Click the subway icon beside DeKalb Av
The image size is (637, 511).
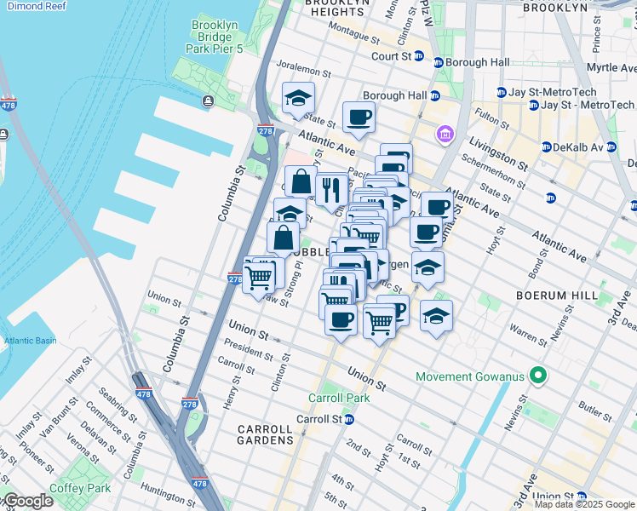coord(548,146)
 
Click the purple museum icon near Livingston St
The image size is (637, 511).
coord(444,134)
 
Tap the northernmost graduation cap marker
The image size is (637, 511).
coord(299,98)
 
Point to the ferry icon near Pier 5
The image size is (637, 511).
coord(209,101)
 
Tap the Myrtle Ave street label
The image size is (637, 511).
coord(610,67)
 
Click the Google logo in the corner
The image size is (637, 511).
coord(27,501)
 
